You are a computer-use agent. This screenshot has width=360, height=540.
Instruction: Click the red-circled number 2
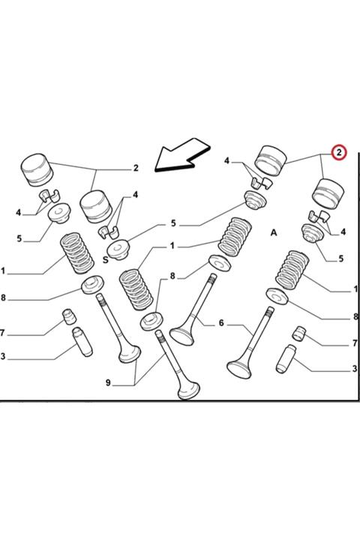(339, 152)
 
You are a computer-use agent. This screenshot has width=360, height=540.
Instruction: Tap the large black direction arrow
(181, 154)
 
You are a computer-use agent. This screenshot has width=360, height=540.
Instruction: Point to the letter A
(274, 232)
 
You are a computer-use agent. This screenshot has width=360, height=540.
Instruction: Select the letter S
(106, 259)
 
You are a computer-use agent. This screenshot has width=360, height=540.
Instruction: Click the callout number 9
(108, 382)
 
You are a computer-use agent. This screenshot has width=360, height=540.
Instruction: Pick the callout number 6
(221, 322)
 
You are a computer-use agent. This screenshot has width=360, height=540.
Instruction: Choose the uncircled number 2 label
(136, 168)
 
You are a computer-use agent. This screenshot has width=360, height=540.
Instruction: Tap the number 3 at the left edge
(3, 356)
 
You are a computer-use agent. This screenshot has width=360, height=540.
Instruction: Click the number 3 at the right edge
(355, 369)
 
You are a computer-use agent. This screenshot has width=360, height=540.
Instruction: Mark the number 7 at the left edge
(2, 333)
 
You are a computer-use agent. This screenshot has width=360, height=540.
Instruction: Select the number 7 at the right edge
(355, 343)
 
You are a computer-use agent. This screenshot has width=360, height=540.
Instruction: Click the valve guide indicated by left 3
(82, 342)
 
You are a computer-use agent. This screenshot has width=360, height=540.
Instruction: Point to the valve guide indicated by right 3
(286, 358)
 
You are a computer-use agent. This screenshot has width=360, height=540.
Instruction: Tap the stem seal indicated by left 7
(69, 316)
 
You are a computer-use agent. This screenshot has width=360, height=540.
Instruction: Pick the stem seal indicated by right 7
(299, 333)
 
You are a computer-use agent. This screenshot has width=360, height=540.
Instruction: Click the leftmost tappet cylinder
(37, 170)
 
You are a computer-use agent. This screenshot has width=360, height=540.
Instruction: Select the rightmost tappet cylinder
(328, 193)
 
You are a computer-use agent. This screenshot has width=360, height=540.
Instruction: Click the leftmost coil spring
(76, 253)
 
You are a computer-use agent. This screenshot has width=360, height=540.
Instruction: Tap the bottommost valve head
(189, 390)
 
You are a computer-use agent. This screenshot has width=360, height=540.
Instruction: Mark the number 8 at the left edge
(3, 297)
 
